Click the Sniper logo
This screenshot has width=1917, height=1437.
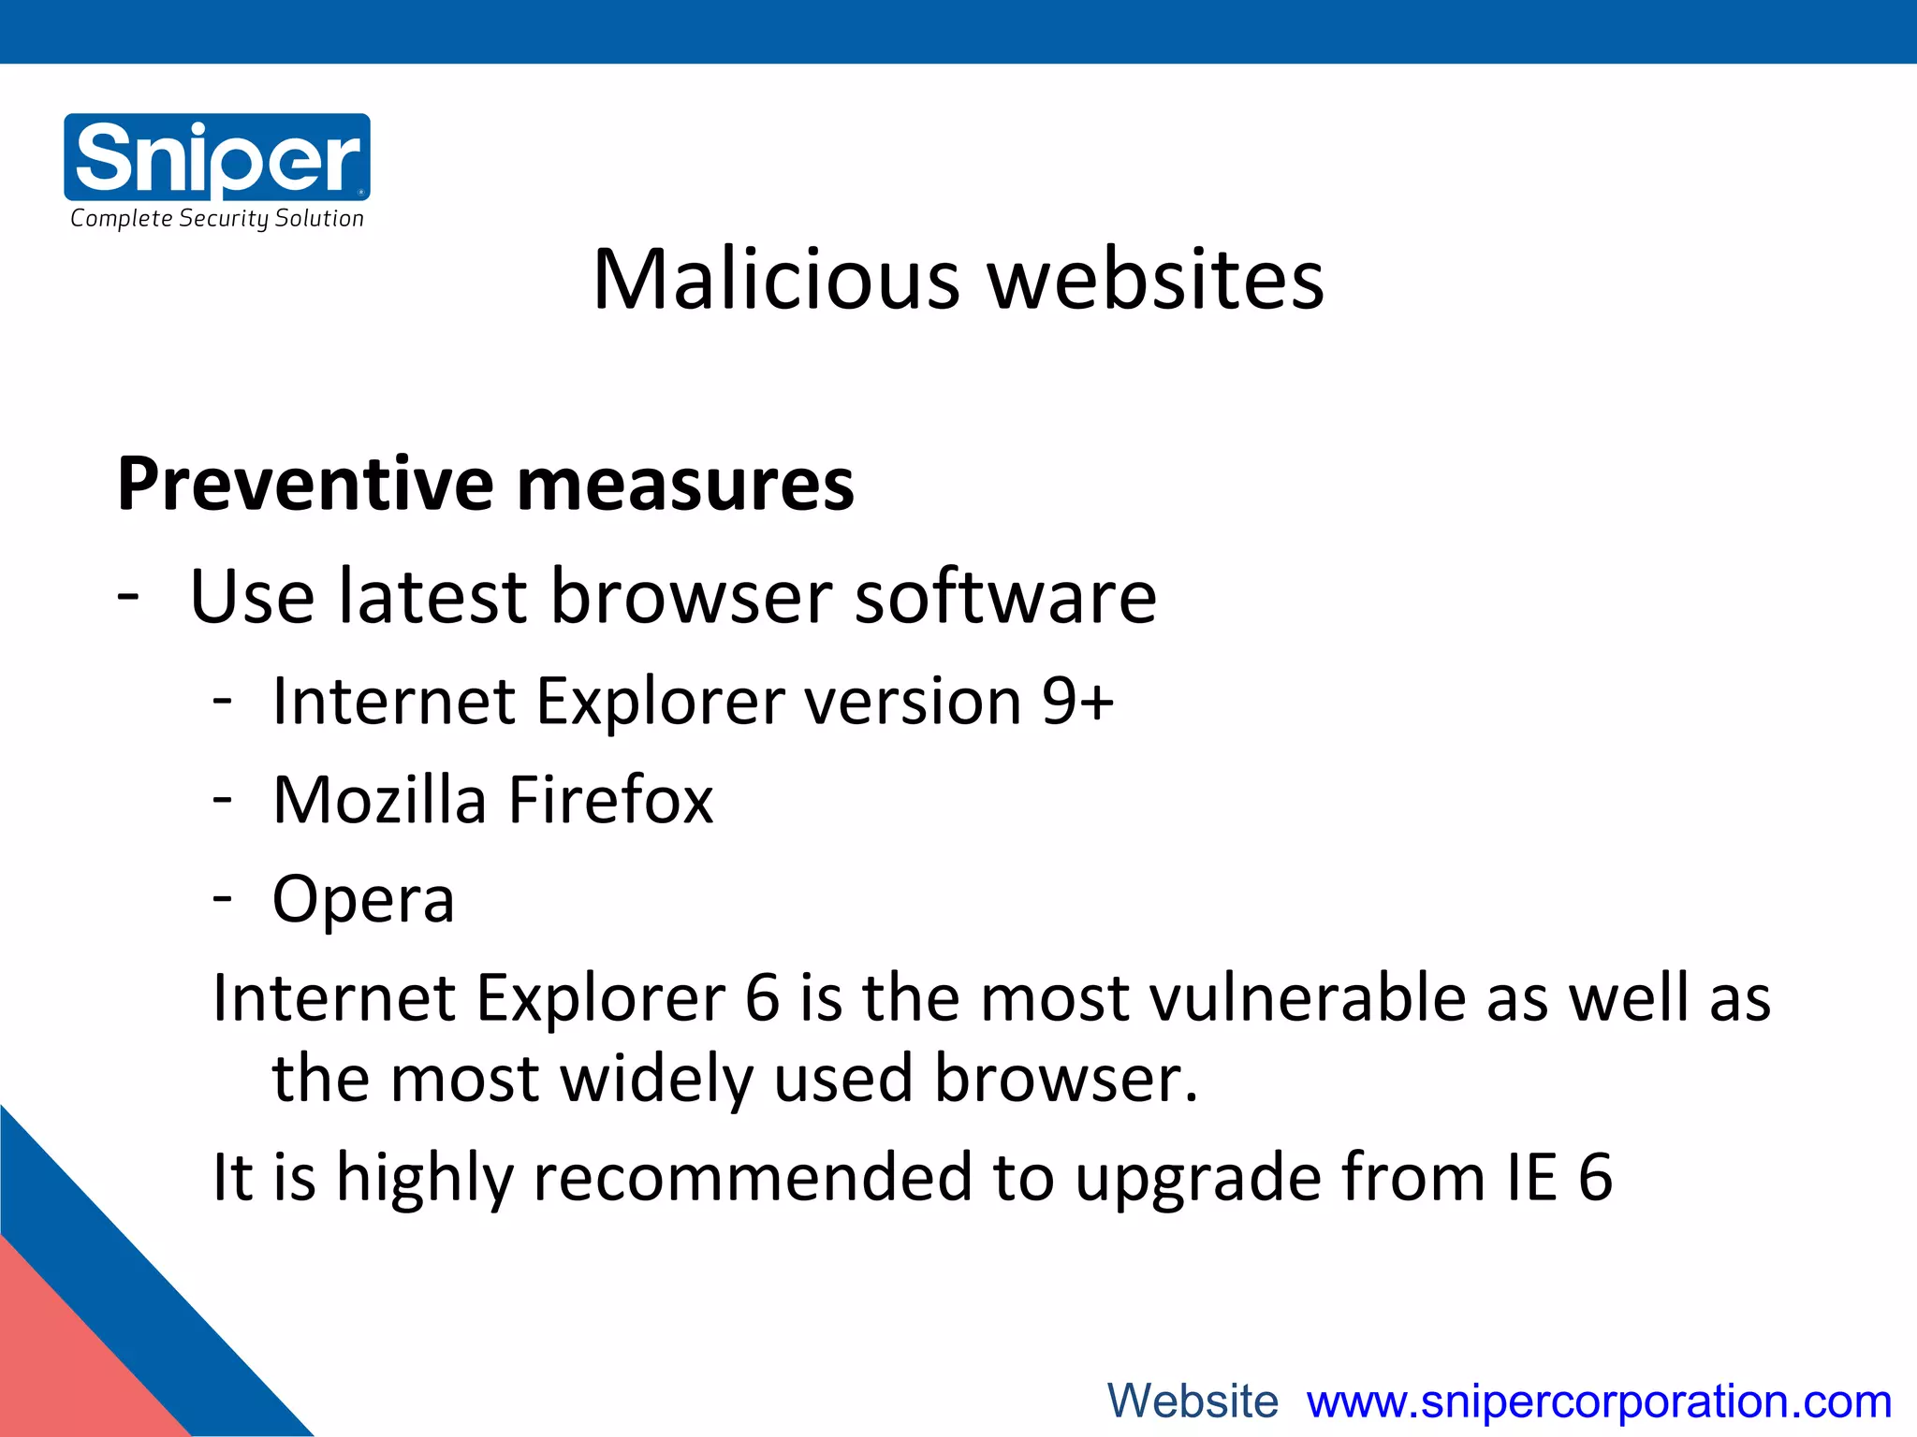click(217, 156)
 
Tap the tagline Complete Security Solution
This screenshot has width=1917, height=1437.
click(217, 219)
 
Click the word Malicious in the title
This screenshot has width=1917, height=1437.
click(776, 280)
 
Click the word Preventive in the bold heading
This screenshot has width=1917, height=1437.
click(304, 485)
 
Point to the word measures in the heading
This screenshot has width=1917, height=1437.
click(685, 485)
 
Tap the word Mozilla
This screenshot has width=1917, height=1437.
click(379, 801)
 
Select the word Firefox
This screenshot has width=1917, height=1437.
click(610, 801)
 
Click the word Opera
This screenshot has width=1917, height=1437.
click(363, 901)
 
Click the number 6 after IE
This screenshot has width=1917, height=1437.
click(1595, 1177)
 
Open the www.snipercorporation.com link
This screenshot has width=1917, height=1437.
click(1599, 1401)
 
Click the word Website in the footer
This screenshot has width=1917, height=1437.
click(1193, 1401)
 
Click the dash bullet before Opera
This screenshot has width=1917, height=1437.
click(222, 899)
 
